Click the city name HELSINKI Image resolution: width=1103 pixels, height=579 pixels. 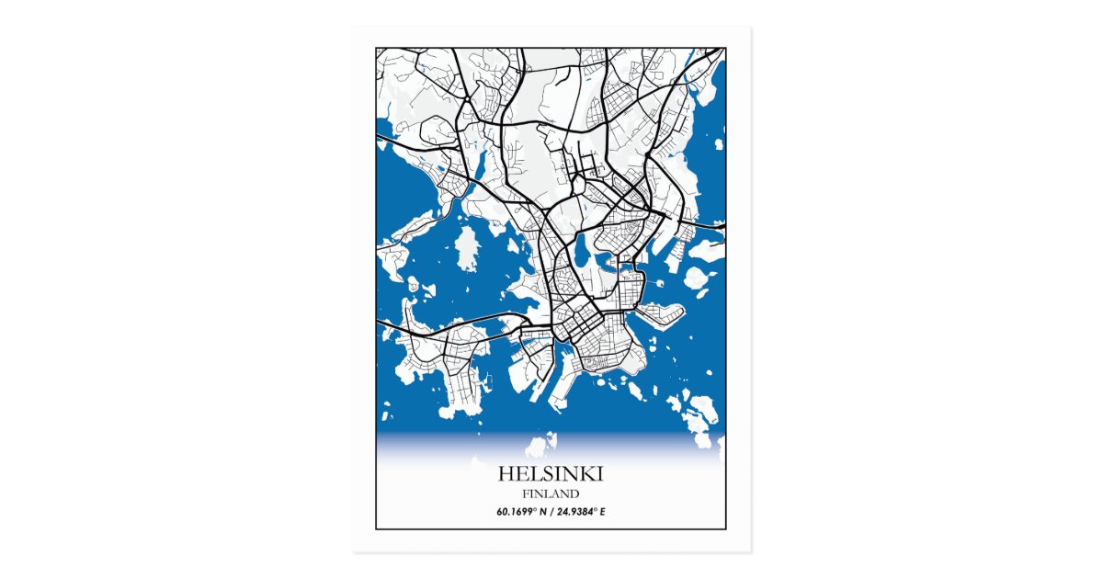click(551, 474)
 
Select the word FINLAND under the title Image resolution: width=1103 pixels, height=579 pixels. click(551, 494)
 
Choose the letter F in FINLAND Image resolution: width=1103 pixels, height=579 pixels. click(525, 494)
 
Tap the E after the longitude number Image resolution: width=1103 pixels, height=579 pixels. click(603, 511)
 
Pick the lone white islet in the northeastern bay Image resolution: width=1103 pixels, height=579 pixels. click(718, 143)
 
